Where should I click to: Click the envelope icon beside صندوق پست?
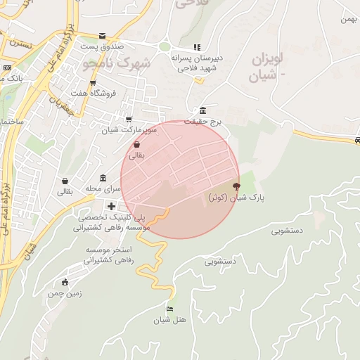coord(103,35)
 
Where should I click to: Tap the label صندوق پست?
coord(101,46)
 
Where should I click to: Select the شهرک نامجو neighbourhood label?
coord(117,64)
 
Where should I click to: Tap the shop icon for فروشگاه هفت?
coord(93,82)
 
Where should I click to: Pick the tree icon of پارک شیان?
coord(236,186)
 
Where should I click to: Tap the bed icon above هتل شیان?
coord(169,309)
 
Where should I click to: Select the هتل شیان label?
coord(170,321)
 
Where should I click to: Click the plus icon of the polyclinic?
coord(111,206)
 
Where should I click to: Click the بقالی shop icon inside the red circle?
coord(136,145)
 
